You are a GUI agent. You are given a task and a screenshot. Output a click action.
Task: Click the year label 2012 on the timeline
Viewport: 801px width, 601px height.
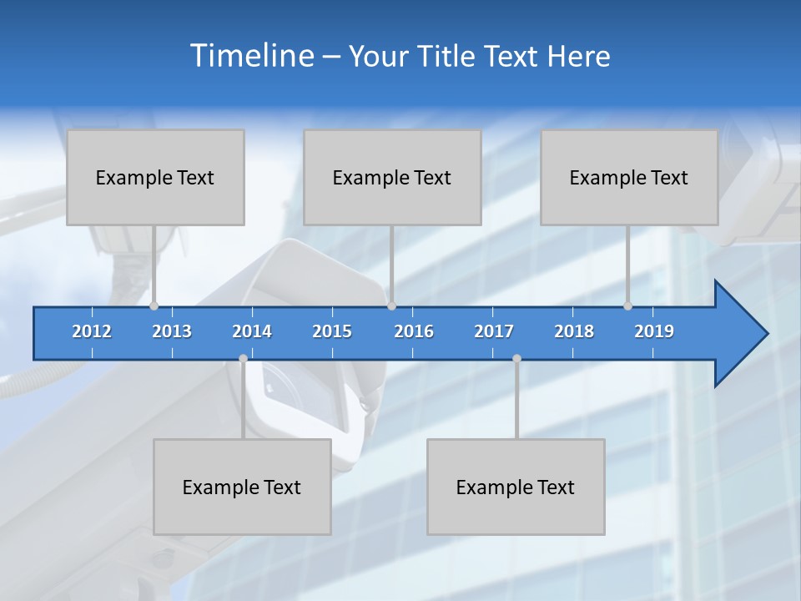(92, 331)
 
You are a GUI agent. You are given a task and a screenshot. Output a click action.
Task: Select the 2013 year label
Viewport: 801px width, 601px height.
(172, 331)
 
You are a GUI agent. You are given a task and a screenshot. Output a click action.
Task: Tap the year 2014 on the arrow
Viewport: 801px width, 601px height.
(252, 331)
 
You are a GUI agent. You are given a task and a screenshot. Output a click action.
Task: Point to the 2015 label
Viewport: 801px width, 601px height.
(332, 331)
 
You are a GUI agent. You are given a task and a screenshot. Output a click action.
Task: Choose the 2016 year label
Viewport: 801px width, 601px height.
(414, 331)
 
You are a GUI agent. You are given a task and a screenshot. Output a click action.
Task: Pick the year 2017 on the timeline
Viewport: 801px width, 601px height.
(494, 331)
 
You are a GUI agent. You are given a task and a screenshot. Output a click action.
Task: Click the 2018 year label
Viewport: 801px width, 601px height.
(574, 331)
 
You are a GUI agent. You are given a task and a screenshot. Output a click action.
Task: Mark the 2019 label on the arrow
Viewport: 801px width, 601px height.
(654, 331)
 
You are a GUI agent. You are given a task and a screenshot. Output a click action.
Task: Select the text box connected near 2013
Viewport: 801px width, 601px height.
(155, 177)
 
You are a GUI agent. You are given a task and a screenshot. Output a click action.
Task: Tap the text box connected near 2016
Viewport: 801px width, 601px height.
(392, 177)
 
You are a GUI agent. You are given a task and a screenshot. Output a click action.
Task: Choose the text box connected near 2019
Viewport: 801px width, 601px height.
(629, 177)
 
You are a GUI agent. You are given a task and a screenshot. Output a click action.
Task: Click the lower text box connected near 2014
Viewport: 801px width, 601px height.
(242, 487)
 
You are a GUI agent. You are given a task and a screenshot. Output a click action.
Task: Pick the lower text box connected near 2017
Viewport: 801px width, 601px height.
(516, 487)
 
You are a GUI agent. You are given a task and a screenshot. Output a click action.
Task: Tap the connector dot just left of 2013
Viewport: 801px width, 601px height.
(154, 306)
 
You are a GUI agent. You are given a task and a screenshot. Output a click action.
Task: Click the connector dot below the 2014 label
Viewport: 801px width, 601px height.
(243, 358)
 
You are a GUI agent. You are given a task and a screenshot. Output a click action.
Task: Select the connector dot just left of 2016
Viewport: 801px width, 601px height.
(392, 306)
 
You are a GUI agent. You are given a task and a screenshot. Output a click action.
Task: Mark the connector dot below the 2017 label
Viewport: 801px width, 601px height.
(516, 358)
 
